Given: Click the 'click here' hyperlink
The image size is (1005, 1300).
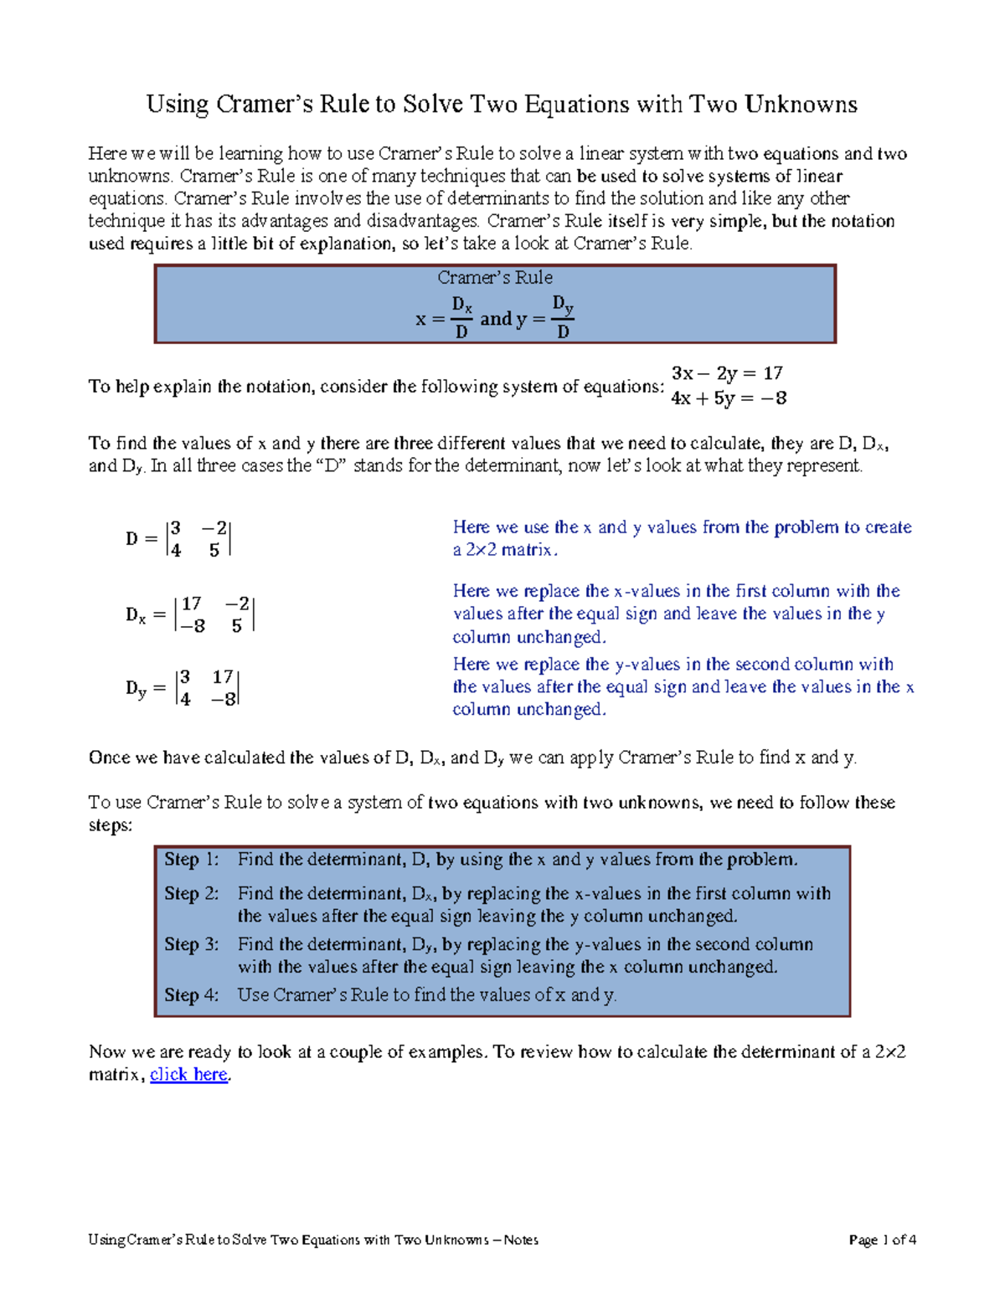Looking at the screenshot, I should click(188, 1075).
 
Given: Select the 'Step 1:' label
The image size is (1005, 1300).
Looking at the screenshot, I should click(191, 860).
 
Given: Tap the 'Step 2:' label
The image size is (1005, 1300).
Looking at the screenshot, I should click(191, 893).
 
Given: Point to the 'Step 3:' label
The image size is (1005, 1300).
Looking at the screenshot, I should click(191, 944).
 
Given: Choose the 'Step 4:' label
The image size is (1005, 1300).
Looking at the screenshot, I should click(191, 995).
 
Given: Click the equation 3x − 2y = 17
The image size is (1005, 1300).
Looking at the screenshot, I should click(727, 373).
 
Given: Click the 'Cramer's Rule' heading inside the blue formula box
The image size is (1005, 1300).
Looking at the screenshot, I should click(495, 278).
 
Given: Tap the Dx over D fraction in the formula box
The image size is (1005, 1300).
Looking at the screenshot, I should click(461, 317).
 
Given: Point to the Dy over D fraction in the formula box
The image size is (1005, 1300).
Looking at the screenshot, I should click(563, 317).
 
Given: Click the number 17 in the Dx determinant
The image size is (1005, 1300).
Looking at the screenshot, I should click(192, 604).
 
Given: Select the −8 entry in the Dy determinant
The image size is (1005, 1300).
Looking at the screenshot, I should click(224, 700).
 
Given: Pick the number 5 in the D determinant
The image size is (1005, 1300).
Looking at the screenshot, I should click(214, 551).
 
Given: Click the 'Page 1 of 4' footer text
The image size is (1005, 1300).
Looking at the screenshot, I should click(882, 1240).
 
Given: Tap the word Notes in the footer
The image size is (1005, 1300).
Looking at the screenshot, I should click(521, 1240).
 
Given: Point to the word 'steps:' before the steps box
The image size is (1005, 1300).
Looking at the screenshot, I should click(111, 825).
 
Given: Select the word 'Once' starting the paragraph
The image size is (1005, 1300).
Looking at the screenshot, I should click(110, 758).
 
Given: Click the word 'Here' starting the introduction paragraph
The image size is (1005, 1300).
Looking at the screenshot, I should click(107, 153).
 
